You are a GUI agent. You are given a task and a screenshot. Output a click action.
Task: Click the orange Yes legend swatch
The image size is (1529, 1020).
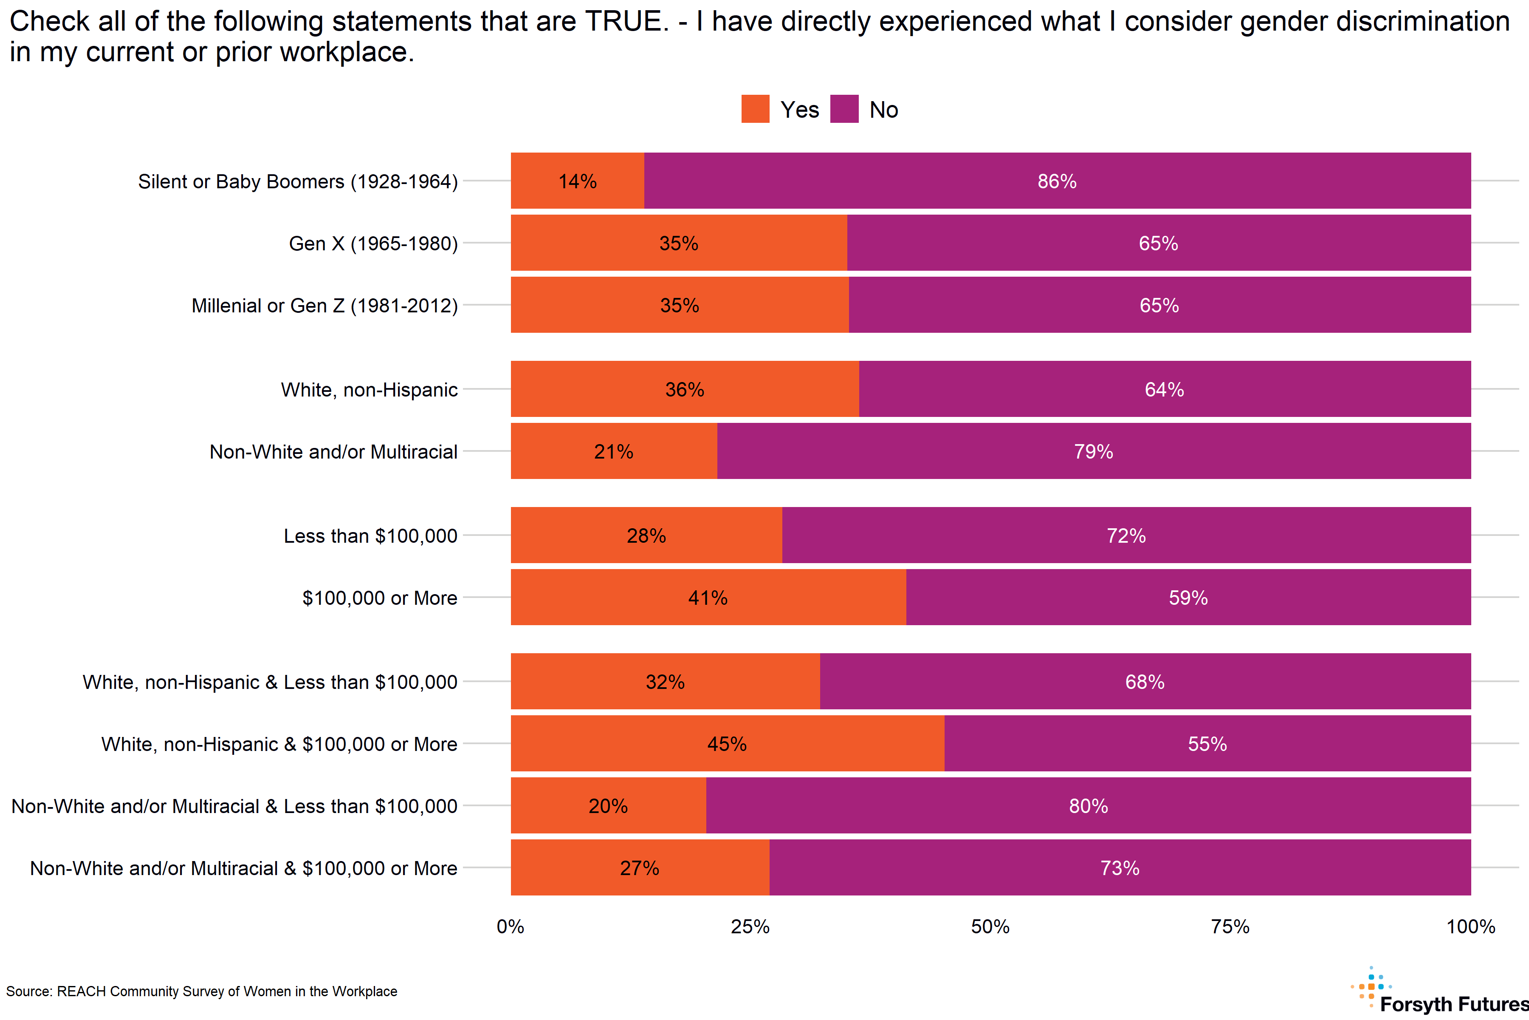(755, 109)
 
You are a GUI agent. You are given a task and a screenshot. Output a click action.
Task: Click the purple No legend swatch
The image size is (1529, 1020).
(844, 109)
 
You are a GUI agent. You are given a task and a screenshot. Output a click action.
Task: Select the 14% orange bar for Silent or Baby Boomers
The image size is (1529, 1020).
(577, 181)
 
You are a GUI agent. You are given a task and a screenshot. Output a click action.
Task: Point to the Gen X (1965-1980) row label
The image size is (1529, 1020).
(373, 243)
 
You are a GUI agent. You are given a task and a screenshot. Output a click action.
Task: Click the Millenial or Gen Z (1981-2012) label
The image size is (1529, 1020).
(324, 306)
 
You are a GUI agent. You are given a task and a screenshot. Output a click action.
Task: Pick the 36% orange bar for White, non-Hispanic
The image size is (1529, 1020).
(685, 389)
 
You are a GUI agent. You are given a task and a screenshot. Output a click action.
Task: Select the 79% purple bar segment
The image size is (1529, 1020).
(1093, 451)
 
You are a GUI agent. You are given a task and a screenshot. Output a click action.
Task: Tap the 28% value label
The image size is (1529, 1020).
(646, 535)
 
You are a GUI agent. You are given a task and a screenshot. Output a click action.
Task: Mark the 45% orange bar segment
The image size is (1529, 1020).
(727, 743)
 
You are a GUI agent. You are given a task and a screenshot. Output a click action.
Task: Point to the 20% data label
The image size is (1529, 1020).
(608, 806)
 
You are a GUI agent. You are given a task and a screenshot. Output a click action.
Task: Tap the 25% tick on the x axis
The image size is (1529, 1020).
(750, 926)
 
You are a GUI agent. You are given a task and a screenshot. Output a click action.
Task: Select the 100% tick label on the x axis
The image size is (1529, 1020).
(1470, 926)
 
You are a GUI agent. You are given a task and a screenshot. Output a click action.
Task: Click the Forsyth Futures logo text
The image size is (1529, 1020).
(1453, 1004)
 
